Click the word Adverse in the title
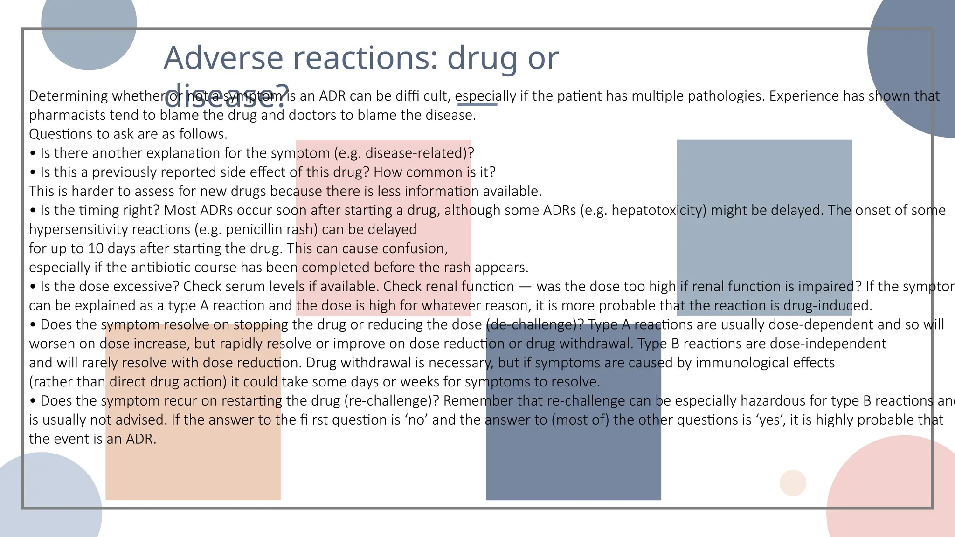223,58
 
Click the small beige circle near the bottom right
793,483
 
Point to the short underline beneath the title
477,105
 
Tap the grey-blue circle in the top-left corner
89,28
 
